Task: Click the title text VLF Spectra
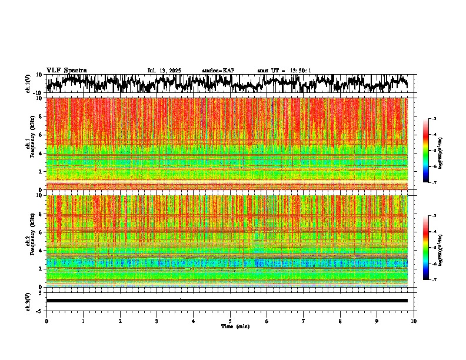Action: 66,70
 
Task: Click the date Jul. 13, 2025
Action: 164,71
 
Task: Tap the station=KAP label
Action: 218,71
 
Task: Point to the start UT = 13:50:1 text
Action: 284,71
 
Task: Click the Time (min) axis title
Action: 235,326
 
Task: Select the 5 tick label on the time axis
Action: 230,321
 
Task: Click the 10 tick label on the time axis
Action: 414,321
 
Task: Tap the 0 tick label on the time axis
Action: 46,321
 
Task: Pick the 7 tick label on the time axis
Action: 304,321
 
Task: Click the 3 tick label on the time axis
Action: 157,321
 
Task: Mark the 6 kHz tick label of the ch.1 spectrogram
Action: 41,135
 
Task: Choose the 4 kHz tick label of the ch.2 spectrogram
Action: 41,251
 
